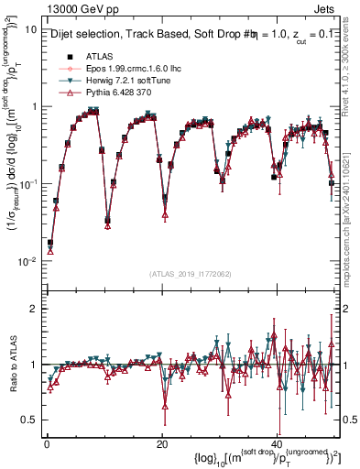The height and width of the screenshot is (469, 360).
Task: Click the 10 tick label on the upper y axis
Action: click(x=30, y=29)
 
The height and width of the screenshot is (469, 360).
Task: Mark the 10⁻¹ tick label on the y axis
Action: click(x=27, y=184)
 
